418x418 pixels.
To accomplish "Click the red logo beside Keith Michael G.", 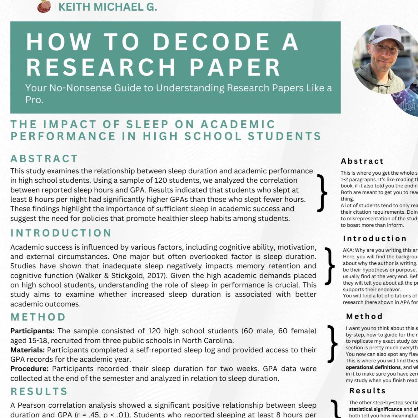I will (44, 6).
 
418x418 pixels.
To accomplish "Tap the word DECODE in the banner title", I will (211, 42).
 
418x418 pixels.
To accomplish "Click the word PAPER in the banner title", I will (235, 67).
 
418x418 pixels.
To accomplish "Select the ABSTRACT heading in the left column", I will (44, 159).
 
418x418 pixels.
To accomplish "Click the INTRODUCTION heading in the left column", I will (61, 233).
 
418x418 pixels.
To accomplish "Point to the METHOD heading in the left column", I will (38, 317).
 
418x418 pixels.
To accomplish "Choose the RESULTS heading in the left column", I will (39, 391).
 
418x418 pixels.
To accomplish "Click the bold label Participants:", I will (32, 331).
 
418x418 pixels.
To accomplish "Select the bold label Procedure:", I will (29, 369).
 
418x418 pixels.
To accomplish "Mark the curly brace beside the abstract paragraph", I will (322, 193).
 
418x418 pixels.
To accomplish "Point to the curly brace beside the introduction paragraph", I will (329, 266).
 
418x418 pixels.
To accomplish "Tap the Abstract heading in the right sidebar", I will (362, 161).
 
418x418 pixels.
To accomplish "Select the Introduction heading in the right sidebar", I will (375, 239).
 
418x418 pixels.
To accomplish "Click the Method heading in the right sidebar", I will (364, 316).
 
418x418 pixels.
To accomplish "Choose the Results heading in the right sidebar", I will (367, 391).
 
